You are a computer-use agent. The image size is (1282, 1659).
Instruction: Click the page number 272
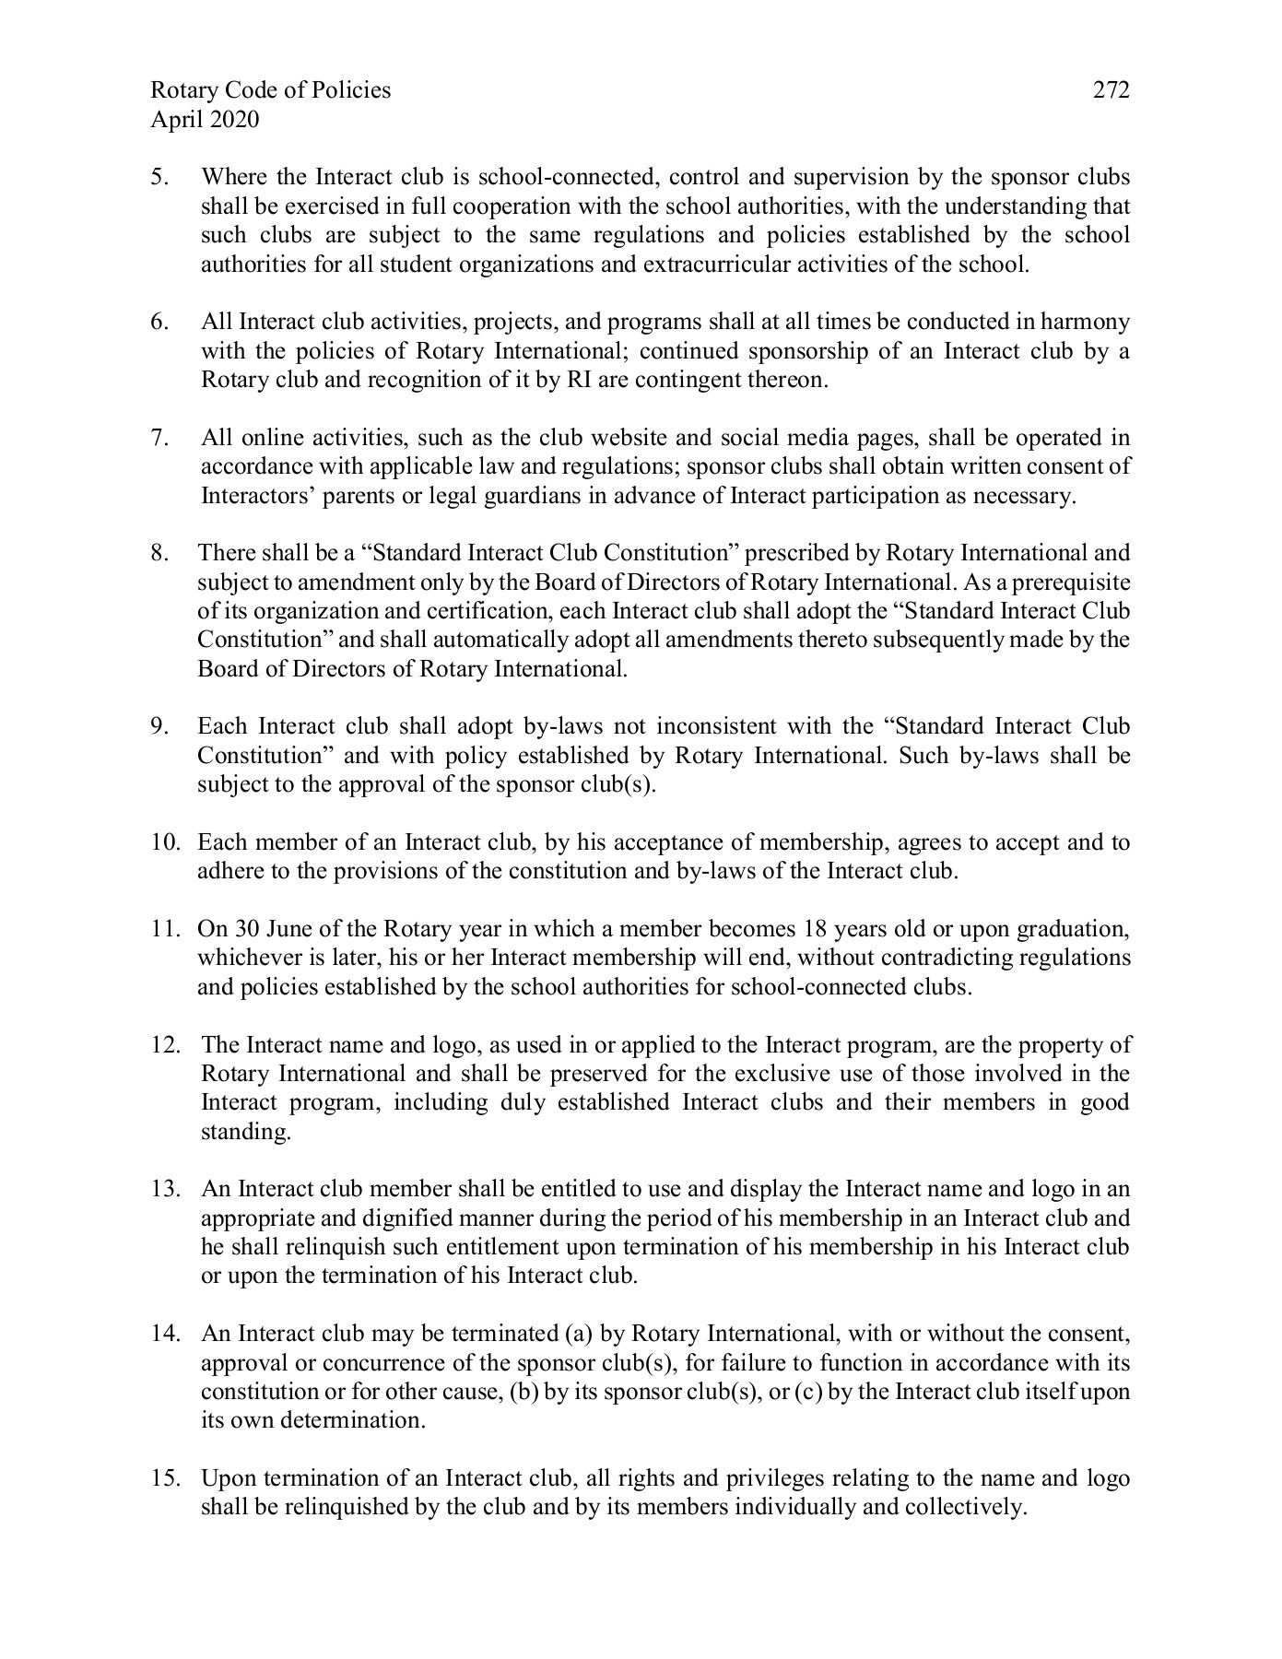pos(1111,90)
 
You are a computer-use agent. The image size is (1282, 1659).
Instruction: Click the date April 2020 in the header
pos(205,120)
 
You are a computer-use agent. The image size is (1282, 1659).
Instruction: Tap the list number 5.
pos(159,177)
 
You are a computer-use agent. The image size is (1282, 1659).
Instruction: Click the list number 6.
pos(159,323)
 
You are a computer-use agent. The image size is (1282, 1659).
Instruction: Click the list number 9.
pos(159,727)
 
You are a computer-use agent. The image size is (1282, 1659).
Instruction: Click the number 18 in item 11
pos(817,929)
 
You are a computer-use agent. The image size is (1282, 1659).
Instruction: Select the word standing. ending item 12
pos(245,1132)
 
